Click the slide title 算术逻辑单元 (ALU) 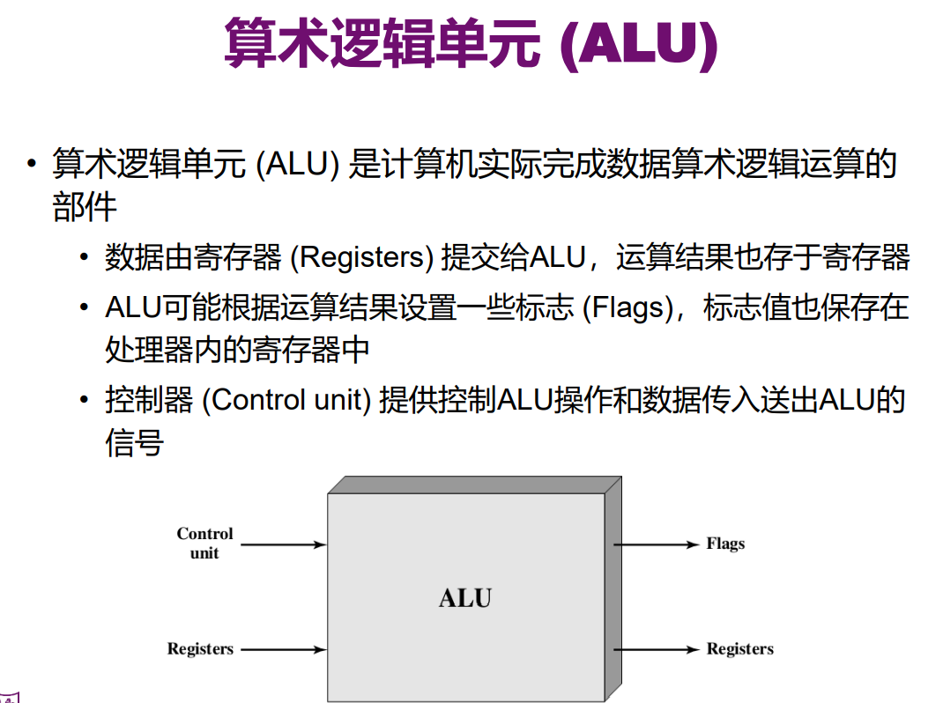(x=471, y=43)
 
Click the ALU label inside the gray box (x=465, y=598)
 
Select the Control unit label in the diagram (x=204, y=544)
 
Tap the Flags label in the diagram (x=725, y=544)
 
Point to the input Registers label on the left (x=200, y=649)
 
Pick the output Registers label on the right (x=739, y=649)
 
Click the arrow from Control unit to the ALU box (x=283, y=544)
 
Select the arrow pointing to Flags (x=656, y=544)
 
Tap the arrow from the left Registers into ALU (x=283, y=650)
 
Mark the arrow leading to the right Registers (x=656, y=650)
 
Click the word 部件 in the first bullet (x=84, y=207)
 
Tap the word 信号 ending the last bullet (x=134, y=442)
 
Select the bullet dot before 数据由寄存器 (x=84, y=258)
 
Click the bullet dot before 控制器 (x=84, y=401)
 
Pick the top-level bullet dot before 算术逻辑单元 (x=32, y=165)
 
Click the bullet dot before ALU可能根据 (x=84, y=309)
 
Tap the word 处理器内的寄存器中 (x=237, y=350)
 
